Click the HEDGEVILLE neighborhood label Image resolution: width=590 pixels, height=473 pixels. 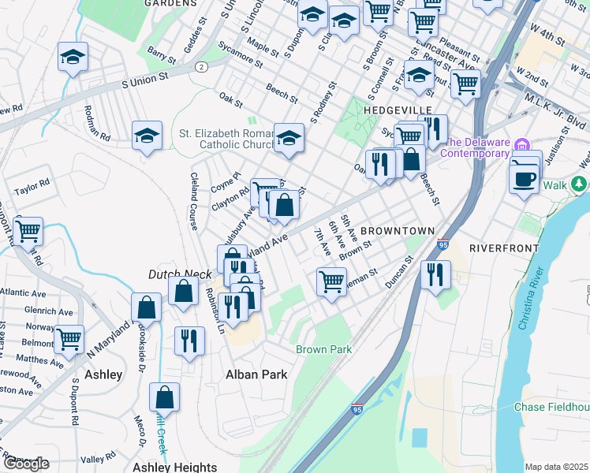click(x=398, y=109)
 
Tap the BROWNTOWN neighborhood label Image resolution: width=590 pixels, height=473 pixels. click(x=398, y=230)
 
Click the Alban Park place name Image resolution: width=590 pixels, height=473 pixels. click(x=256, y=374)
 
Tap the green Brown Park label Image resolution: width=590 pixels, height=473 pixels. click(x=323, y=349)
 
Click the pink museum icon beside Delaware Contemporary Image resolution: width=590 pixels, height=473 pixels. click(x=521, y=145)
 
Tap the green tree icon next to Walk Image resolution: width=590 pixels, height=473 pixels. click(x=579, y=184)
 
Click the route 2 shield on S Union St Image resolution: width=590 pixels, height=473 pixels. click(x=202, y=67)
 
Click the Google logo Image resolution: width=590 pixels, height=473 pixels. click(x=25, y=464)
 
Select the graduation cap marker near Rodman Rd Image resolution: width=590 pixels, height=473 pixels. click(x=147, y=136)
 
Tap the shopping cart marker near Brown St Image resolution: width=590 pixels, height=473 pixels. click(x=331, y=281)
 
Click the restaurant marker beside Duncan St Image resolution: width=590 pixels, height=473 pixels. click(x=435, y=275)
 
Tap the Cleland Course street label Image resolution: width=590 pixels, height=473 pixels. click(x=193, y=201)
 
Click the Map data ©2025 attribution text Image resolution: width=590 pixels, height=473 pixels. click(x=556, y=467)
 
